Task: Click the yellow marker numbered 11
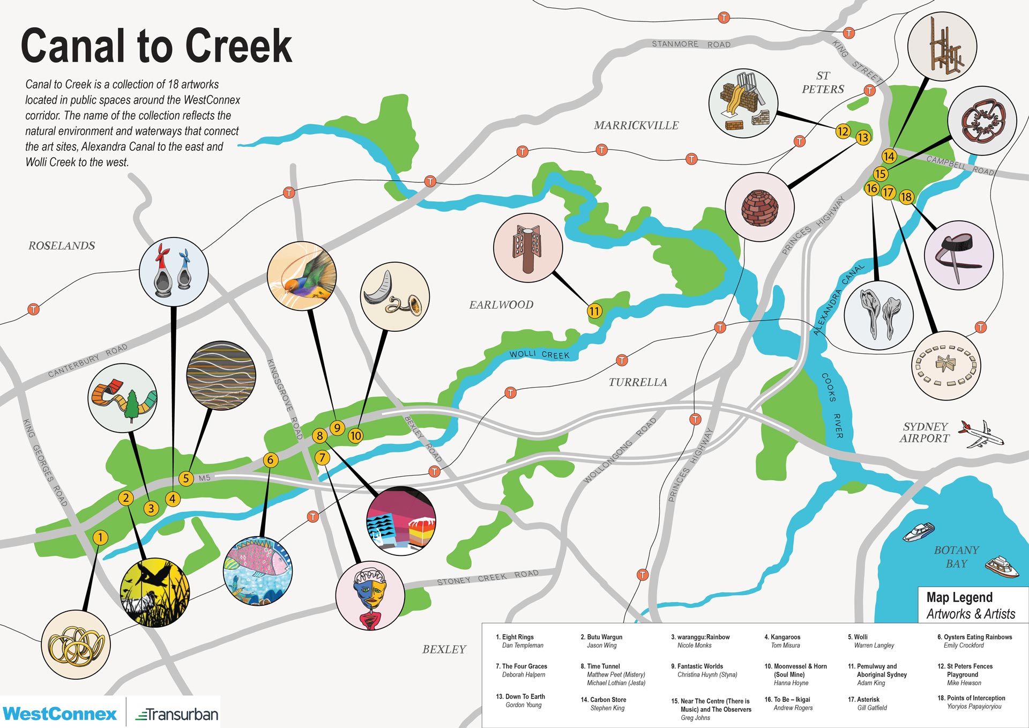coord(594,311)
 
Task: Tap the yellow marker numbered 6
coord(271,459)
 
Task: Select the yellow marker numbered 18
coord(906,197)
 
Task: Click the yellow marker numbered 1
coord(100,537)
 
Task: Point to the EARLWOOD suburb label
coord(501,304)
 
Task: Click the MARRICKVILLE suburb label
coord(636,125)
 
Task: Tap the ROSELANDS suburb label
coord(62,246)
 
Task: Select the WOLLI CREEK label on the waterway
coord(539,354)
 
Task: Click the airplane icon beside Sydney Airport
coord(980,435)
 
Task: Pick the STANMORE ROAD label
coord(691,44)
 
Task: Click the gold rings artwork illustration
coord(76,645)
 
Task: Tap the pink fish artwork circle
coord(258,571)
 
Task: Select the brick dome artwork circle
coord(759,207)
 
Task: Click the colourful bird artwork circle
coord(302,276)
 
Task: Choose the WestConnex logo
coord(59,714)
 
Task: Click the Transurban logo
coord(177,714)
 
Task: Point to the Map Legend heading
coord(959,597)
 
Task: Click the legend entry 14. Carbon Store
coord(603,703)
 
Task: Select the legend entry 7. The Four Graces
coord(521,670)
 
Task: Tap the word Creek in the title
coord(238,46)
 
